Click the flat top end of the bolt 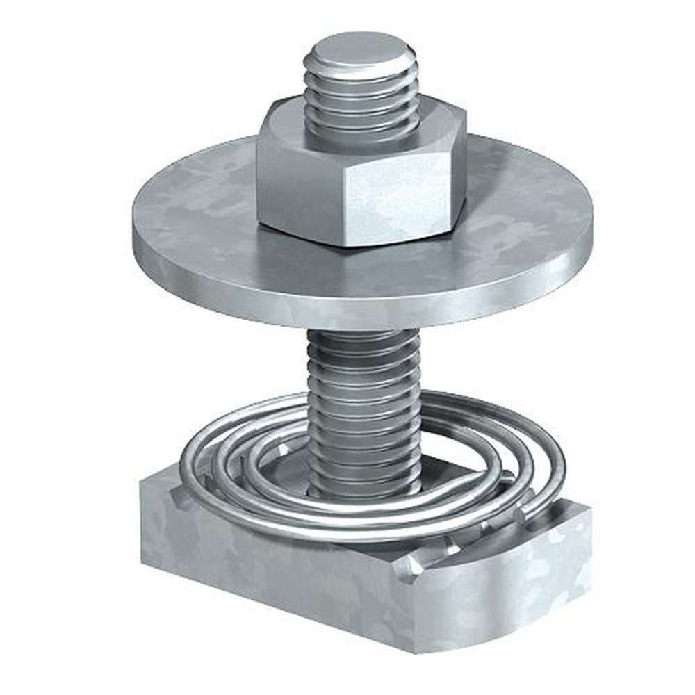point(360,52)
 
